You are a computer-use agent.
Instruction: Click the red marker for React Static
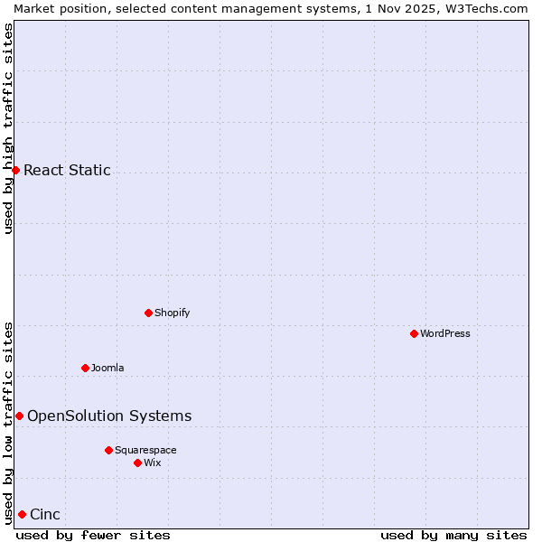15,170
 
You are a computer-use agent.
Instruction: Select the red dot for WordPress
414,333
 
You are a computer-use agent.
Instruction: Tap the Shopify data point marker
148,313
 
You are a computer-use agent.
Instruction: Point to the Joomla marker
85,368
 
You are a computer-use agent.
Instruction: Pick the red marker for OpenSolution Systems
19,416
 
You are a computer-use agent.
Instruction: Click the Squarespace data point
108,450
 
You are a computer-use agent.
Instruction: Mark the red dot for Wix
137,463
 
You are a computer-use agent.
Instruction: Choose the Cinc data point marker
22,515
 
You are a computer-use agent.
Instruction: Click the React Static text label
67,170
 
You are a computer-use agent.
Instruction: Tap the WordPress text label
445,333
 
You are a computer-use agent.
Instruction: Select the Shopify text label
172,313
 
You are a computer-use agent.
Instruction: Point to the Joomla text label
107,368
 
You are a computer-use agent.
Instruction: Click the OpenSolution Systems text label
109,416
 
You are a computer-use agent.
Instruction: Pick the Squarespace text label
145,450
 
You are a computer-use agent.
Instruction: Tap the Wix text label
152,463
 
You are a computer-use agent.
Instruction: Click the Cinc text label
45,515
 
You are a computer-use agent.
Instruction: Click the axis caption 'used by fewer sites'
93,535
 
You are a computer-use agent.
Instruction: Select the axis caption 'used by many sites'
453,535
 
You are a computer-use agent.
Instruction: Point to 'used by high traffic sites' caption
8,128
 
